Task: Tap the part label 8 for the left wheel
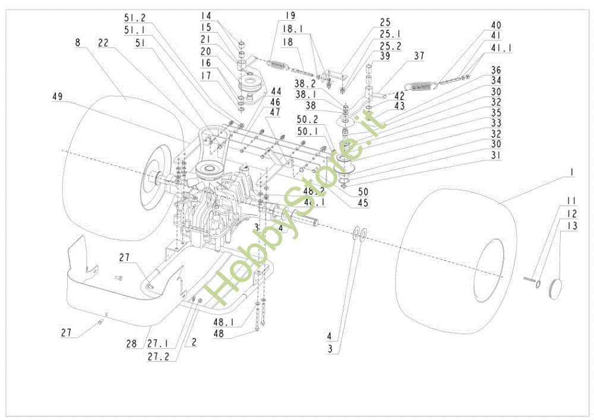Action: pyautogui.click(x=77, y=42)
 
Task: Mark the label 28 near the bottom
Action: pyautogui.click(x=132, y=343)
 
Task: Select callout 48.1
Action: pyautogui.click(x=224, y=323)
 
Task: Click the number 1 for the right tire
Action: pyautogui.click(x=571, y=172)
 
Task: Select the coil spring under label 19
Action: pyautogui.click(x=277, y=64)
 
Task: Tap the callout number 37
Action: pyautogui.click(x=419, y=56)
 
